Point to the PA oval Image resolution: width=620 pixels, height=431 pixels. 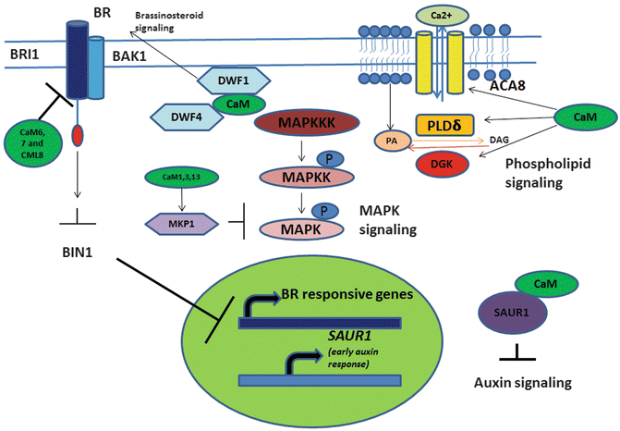(x=394, y=142)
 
